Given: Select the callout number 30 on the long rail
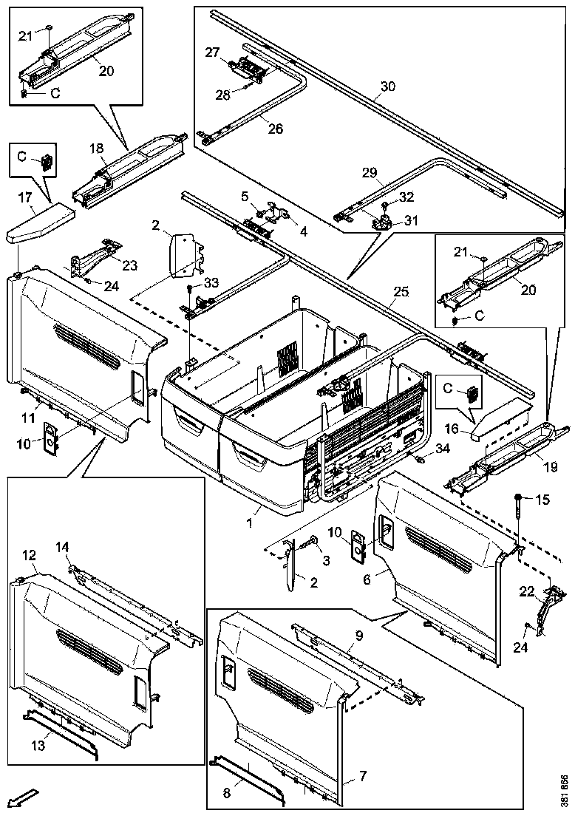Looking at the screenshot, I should click(x=387, y=86).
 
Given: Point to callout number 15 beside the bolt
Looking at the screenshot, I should click(x=543, y=500).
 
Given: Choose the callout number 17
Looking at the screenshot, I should click(x=25, y=197).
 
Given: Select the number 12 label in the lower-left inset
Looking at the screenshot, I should click(x=30, y=554).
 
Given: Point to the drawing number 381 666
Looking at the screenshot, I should click(x=565, y=790).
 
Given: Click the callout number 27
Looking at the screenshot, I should click(x=213, y=52).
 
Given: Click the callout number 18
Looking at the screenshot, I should click(x=96, y=149).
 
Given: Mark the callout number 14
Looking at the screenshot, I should click(x=63, y=546).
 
